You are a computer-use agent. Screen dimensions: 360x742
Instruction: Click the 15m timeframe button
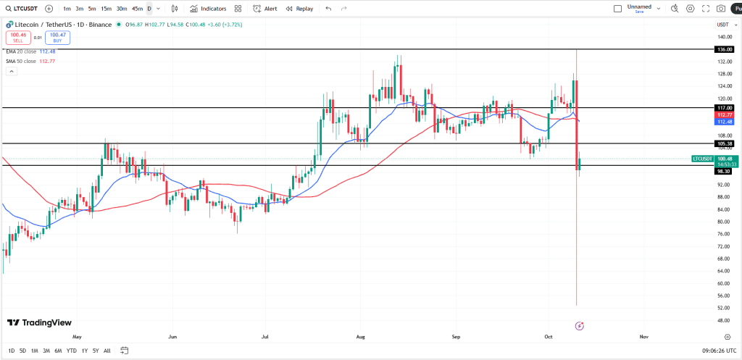tap(106, 9)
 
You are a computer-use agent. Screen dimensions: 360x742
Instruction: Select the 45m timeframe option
tap(137, 9)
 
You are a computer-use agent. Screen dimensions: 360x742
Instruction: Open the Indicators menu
tap(208, 9)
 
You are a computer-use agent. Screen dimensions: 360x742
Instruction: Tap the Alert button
tap(265, 9)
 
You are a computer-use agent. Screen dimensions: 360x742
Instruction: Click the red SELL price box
tap(17, 38)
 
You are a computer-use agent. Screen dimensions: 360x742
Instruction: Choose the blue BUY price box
tap(57, 38)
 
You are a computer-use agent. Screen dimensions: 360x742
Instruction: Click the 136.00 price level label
tap(723, 49)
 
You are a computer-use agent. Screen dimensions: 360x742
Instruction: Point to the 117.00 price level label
tap(723, 107)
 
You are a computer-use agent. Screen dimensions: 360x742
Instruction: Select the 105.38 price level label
tap(723, 143)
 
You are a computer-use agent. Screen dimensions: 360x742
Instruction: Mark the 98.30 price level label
tap(723, 171)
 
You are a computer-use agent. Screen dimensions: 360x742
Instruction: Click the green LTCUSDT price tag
tap(701, 158)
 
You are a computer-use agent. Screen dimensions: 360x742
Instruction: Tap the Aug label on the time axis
tap(361, 337)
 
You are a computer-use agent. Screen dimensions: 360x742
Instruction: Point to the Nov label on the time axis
tap(643, 337)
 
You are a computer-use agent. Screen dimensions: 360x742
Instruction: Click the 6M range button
tap(58, 351)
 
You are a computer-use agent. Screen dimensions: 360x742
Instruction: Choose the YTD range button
tap(71, 351)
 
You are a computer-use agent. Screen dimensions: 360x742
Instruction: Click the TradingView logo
tap(39, 322)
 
